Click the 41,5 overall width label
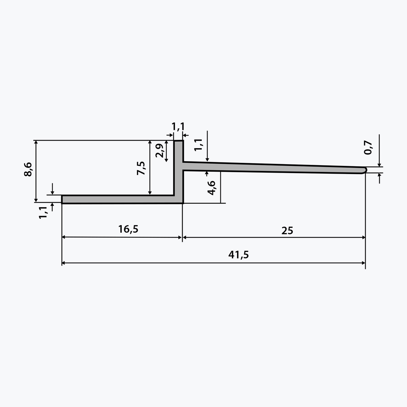238,255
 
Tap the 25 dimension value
287,231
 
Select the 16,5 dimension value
128,229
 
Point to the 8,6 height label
28,169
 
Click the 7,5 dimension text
141,168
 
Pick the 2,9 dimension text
159,151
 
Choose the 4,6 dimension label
211,188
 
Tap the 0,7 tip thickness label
368,148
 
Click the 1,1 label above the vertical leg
178,127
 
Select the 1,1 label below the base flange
43,212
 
